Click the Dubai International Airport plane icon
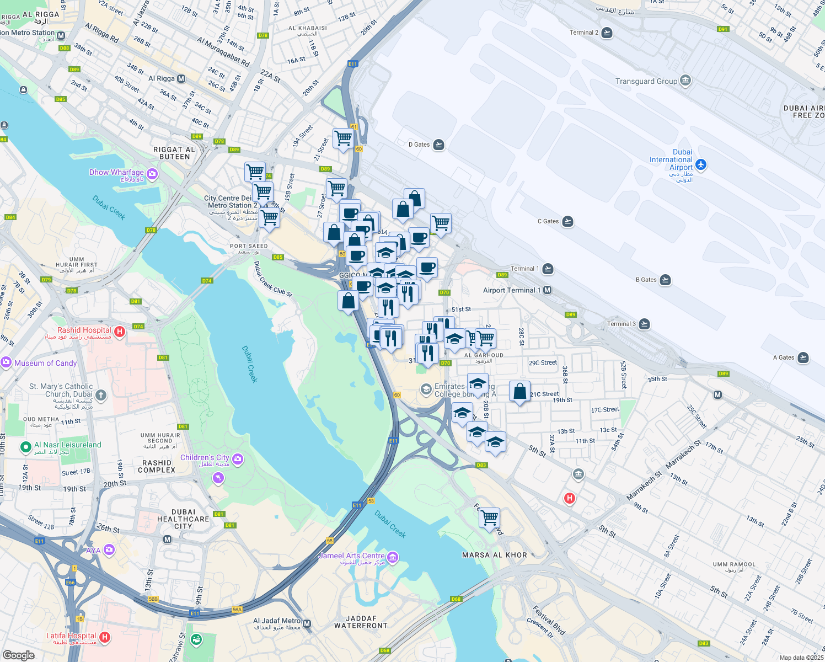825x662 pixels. (x=701, y=164)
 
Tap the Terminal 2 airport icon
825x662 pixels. (x=607, y=33)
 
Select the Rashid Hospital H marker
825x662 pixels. (x=120, y=332)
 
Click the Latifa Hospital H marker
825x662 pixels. (x=105, y=637)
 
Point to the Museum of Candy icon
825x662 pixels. (x=6, y=362)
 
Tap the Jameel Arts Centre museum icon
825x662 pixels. (x=393, y=557)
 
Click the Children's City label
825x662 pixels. (x=205, y=458)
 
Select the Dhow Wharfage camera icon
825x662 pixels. (x=152, y=174)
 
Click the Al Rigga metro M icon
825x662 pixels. (x=181, y=78)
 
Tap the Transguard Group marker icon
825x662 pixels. (x=685, y=81)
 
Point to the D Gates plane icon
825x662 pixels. (x=438, y=145)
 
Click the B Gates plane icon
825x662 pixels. (x=666, y=280)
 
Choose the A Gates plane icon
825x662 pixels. (x=803, y=357)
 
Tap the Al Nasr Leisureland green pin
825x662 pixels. (x=25, y=447)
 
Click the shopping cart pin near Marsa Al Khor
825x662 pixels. (x=489, y=518)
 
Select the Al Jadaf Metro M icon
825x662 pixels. (x=307, y=624)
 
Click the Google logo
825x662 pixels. (x=19, y=655)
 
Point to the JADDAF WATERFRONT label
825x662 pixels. (x=361, y=622)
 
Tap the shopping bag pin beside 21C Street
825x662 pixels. (x=519, y=392)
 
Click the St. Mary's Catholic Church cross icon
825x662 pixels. (x=100, y=394)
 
